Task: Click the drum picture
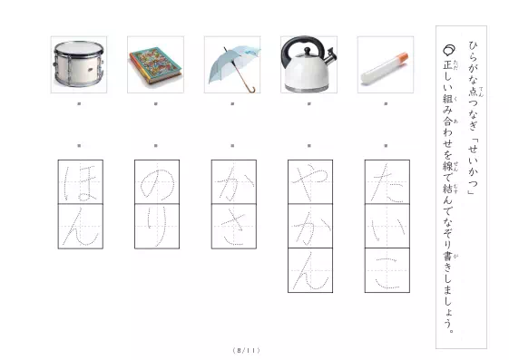point(79,64)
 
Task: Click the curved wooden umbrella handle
point(251,89)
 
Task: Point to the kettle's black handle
point(302,45)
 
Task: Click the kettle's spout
point(330,56)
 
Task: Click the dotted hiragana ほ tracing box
point(81,182)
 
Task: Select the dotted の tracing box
point(157,182)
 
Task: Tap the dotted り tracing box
point(157,227)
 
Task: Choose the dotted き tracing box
point(234,227)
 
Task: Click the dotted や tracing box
point(310,182)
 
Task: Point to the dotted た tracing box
point(387,182)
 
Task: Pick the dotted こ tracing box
point(387,270)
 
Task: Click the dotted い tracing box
point(387,227)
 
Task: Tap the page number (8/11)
point(247,350)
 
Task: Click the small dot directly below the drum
point(79,103)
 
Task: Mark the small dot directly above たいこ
point(386,146)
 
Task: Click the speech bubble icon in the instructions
point(449,50)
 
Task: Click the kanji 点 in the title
point(473,92)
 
